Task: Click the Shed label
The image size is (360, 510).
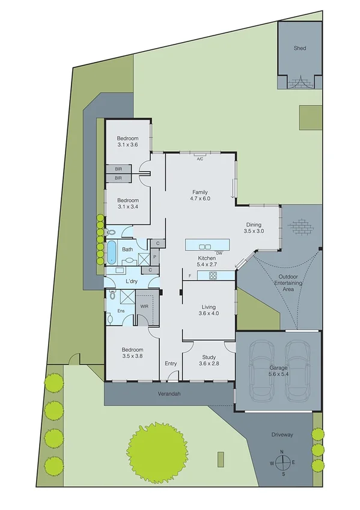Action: click(x=299, y=48)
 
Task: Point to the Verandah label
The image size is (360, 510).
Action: click(x=169, y=394)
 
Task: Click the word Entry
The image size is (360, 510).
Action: click(x=171, y=363)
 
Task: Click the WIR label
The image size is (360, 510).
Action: click(x=144, y=306)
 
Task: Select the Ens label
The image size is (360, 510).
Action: click(x=120, y=311)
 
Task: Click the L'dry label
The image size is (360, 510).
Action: click(x=132, y=281)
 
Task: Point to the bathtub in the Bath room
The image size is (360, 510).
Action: click(x=112, y=252)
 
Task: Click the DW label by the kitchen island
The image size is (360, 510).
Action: click(x=219, y=253)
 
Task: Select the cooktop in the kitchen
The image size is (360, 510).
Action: click(x=212, y=275)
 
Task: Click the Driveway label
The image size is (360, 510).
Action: click(x=281, y=434)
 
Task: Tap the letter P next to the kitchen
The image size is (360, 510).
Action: click(x=154, y=256)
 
